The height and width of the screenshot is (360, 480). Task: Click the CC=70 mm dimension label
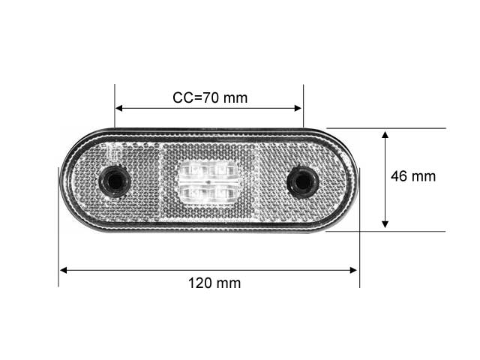click(x=210, y=98)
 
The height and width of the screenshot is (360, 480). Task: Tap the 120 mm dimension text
click(x=214, y=283)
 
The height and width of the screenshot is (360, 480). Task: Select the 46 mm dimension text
click(x=413, y=176)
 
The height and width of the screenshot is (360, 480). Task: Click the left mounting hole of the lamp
click(x=115, y=181)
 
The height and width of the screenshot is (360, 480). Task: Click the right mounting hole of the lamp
click(x=302, y=181)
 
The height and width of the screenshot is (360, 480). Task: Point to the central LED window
click(x=208, y=181)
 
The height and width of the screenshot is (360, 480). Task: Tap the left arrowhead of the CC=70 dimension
click(x=118, y=108)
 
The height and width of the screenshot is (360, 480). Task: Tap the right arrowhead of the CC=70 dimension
click(x=298, y=108)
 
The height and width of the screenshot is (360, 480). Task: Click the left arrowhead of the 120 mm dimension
click(x=63, y=270)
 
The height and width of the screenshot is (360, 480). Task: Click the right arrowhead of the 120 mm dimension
click(x=353, y=270)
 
